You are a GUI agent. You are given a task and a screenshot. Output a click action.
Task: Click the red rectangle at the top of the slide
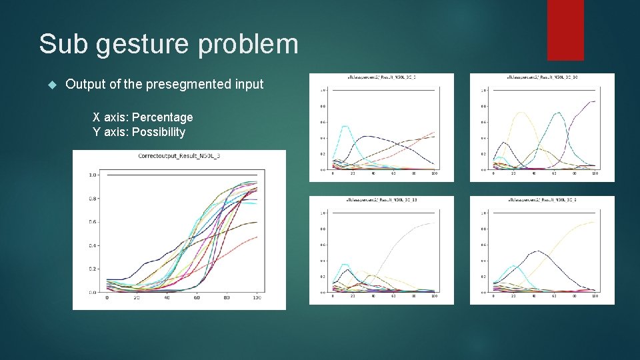tap(565, 30)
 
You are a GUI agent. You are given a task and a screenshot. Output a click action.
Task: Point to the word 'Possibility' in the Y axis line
tap(159, 132)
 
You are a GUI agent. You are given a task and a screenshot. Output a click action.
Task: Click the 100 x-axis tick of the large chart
tap(256, 298)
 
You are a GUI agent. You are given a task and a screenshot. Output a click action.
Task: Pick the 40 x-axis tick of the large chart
tap(167, 298)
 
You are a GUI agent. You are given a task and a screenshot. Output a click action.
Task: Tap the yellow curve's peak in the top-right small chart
tap(522, 113)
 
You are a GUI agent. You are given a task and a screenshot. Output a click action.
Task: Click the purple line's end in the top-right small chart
tap(594, 101)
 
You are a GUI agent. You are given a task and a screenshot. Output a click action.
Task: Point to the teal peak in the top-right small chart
tap(559, 113)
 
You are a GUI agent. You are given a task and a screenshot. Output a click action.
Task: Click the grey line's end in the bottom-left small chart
tap(434, 223)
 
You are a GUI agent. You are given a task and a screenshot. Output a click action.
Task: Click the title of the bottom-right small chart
tap(542, 200)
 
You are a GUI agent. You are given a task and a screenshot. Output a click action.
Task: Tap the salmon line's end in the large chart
tap(257, 237)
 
